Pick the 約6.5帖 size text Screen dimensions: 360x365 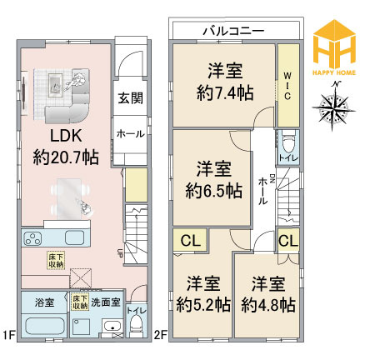click(214, 190)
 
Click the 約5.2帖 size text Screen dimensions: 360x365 click(202, 305)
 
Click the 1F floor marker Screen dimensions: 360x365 click(8, 336)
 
